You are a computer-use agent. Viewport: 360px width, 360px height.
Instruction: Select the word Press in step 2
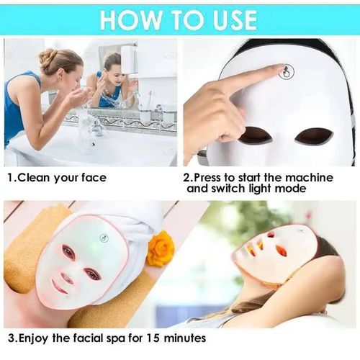tap(207, 178)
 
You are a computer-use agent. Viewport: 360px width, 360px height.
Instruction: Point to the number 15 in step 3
tap(152, 338)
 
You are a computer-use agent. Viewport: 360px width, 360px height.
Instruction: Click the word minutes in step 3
tap(185, 338)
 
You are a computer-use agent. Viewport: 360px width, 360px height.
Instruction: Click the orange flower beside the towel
tap(160, 248)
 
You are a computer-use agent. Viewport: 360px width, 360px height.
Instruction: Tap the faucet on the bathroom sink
tap(96, 125)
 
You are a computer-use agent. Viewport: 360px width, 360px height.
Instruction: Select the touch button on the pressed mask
tap(287, 71)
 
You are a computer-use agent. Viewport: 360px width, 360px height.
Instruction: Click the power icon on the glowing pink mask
tap(104, 238)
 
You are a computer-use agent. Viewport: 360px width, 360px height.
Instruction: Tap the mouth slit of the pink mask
tap(58, 287)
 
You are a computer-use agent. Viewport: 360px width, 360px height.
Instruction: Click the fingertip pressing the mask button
tap(281, 68)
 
